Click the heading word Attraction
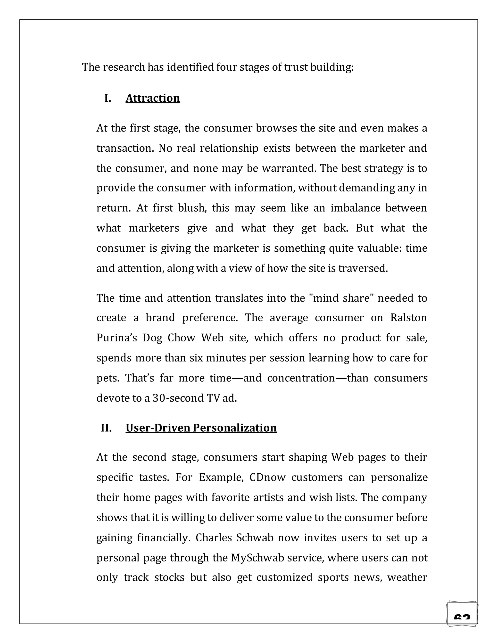point(152,98)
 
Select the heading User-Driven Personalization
point(201,428)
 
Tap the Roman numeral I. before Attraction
point(108,98)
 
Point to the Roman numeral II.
point(106,428)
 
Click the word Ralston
point(408,318)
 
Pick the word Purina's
point(116,338)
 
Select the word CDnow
point(267,477)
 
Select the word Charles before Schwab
point(214,538)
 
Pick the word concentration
point(301,378)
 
